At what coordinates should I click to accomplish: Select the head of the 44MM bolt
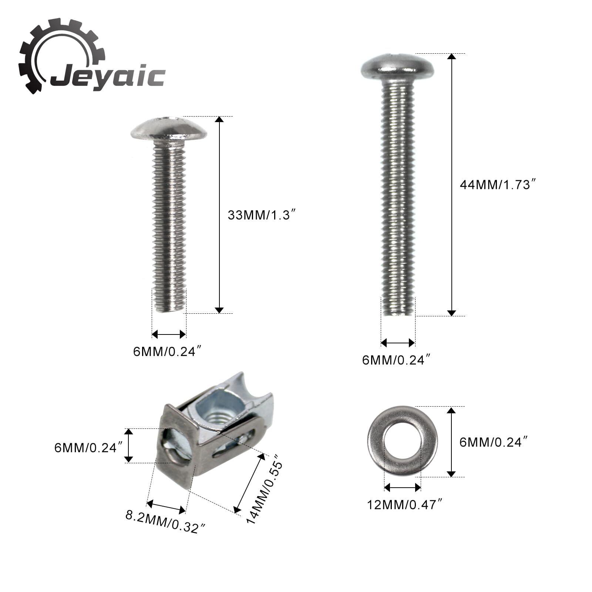(397, 67)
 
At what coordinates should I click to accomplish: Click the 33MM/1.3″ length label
(262, 215)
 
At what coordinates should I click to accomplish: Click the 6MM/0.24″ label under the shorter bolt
(169, 351)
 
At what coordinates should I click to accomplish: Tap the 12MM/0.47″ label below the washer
(405, 504)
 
